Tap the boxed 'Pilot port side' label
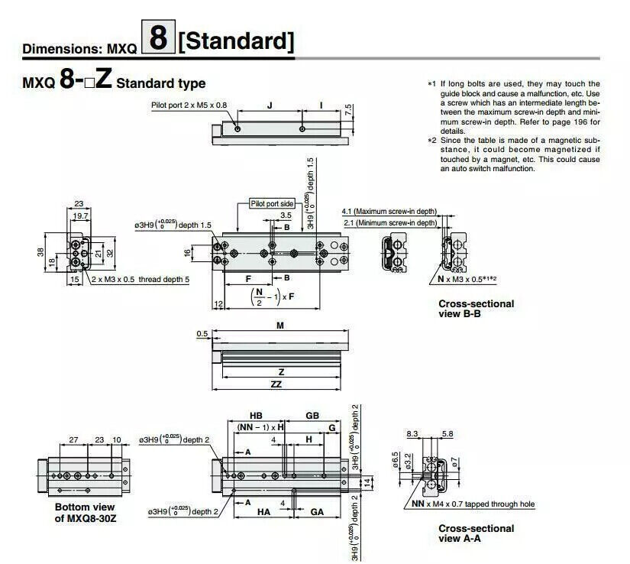272,203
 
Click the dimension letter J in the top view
270,104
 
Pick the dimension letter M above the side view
279,325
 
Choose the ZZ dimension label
276,384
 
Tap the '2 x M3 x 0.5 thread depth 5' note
140,280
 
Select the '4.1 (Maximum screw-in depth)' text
389,211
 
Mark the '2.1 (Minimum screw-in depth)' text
389,222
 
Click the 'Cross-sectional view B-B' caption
476,308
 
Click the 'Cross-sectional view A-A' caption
476,533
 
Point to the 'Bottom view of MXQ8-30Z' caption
84,512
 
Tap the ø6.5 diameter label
396,461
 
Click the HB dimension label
256,414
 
